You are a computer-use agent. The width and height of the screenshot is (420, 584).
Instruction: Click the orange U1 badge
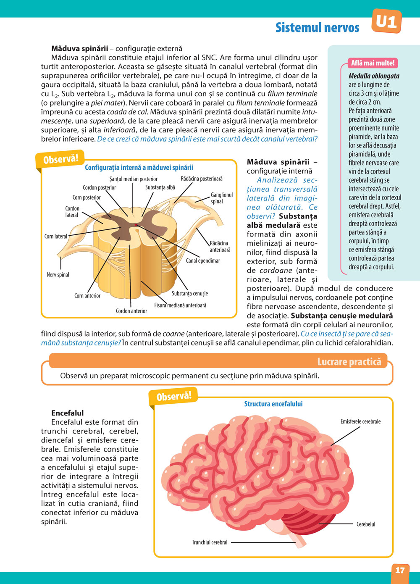386,21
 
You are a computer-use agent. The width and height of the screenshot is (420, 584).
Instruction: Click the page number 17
400,570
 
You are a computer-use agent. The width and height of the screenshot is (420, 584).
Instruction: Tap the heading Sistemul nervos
317,28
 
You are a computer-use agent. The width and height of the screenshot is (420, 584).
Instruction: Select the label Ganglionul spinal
222,198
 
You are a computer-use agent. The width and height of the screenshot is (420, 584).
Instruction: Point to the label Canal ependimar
203,261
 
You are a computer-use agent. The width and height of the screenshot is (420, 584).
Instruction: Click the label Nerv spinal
58,275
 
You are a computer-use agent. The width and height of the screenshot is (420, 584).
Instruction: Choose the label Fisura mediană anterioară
180,305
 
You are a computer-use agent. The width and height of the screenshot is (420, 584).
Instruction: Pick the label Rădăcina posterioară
202,179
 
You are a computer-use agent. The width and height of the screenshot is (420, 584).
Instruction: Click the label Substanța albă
160,187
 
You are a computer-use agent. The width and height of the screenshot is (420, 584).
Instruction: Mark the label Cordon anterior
131,311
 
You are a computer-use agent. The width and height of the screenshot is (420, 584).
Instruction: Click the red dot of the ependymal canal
136,226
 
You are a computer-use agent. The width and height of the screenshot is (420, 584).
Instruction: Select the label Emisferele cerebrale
360,421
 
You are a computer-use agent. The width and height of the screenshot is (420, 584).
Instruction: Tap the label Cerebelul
366,524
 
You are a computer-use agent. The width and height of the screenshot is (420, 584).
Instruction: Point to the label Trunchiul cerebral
210,542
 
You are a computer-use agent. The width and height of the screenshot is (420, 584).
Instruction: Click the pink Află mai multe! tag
373,63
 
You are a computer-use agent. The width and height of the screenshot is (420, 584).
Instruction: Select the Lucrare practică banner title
349,362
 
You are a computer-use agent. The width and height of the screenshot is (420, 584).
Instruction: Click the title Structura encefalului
273,404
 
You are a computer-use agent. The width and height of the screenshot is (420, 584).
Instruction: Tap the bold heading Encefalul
68,413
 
